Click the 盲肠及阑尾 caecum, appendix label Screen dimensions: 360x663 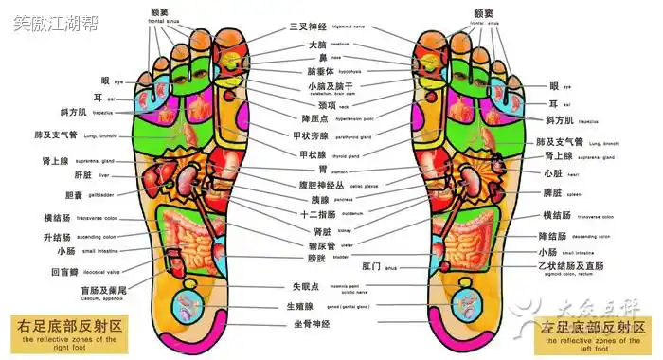click(104, 291)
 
